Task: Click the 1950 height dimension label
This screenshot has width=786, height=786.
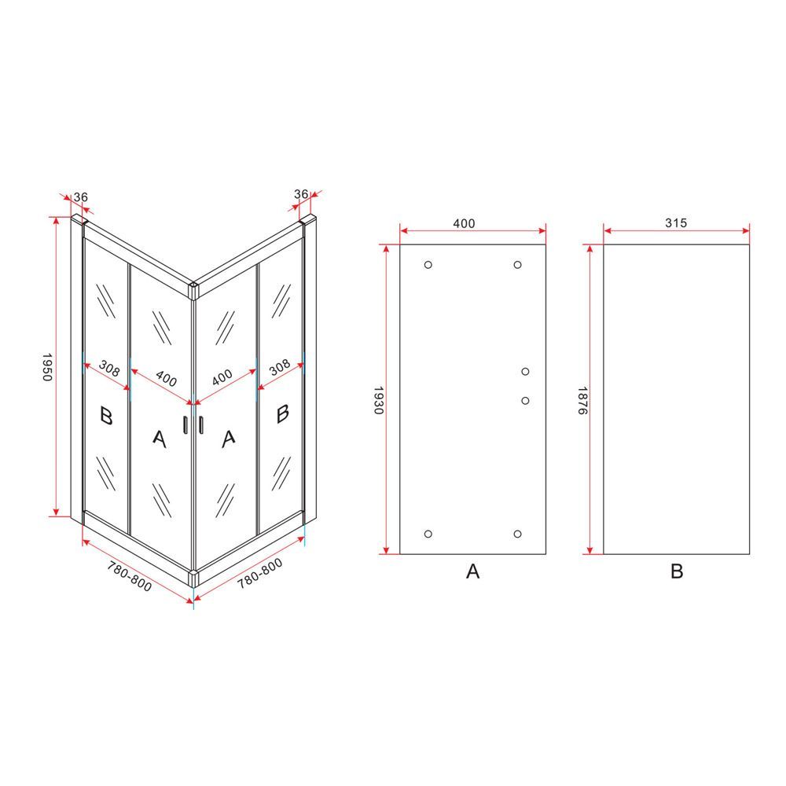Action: click(46, 367)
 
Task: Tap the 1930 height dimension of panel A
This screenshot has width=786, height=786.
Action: click(379, 400)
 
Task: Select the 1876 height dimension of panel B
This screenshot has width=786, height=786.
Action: click(582, 400)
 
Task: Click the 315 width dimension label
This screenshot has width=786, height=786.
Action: click(676, 222)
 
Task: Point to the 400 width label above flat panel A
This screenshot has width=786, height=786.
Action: click(464, 223)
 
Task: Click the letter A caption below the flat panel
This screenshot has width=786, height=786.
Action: click(472, 571)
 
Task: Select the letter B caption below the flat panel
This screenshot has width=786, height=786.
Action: click(677, 571)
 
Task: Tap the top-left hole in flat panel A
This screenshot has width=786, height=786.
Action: click(428, 265)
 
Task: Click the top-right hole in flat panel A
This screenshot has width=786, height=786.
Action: click(518, 265)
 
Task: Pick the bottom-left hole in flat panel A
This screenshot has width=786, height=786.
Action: click(428, 534)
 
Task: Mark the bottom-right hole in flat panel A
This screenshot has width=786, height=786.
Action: click(518, 534)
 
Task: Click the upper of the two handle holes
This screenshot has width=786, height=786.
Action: click(525, 372)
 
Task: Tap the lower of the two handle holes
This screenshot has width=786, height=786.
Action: click(525, 401)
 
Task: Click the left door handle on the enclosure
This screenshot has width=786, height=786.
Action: click(185, 424)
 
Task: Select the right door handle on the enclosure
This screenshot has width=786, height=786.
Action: click(201, 424)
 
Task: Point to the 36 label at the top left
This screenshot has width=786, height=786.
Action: click(81, 197)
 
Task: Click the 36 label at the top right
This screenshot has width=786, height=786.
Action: click(301, 193)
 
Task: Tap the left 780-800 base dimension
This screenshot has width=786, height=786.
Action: click(130, 575)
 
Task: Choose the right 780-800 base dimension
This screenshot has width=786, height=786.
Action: click(259, 573)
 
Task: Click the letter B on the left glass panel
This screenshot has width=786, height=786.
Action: click(106, 416)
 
